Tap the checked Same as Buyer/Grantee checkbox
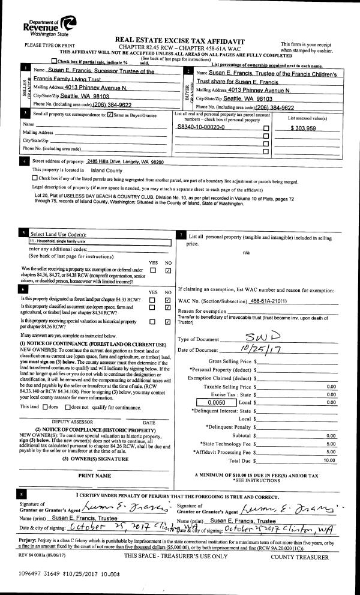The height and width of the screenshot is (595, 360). pos(110,115)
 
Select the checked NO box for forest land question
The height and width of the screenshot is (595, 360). pos(167,300)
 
